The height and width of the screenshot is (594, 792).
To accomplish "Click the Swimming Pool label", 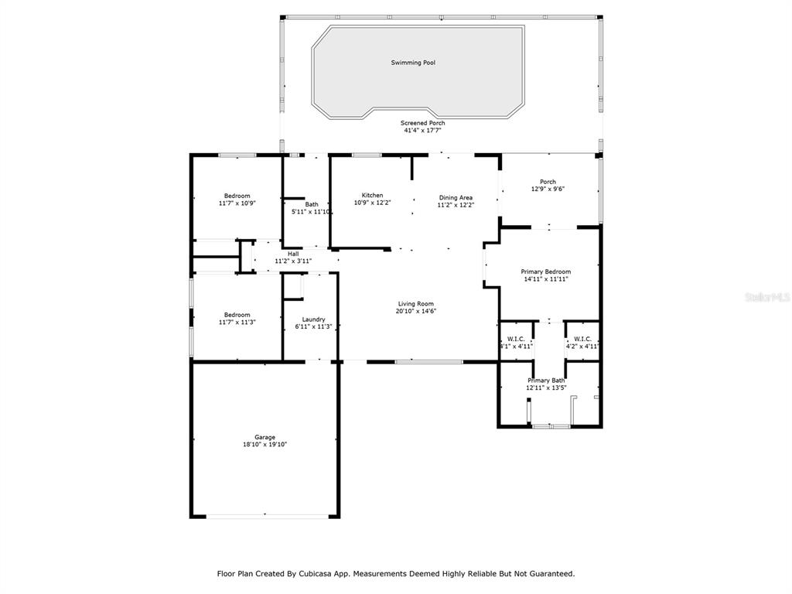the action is point(413,63).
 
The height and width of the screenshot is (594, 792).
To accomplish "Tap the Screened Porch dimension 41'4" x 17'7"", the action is point(422,130).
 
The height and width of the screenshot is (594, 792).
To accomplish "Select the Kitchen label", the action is point(372,196).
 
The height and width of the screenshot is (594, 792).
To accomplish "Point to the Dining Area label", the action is point(456,197).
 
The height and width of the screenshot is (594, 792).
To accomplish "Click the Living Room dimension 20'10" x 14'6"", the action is point(415,311).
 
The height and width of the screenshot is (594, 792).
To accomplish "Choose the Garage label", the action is point(265,438).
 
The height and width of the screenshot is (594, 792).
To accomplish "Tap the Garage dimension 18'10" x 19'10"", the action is point(265,445).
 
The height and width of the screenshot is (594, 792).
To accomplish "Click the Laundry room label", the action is point(313,319).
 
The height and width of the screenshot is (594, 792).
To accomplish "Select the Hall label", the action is point(293,254).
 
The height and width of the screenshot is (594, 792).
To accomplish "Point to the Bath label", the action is point(312,204).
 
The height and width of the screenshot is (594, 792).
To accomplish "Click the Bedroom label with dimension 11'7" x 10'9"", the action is point(237,196).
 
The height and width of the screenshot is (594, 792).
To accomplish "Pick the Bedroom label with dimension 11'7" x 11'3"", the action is point(237,315).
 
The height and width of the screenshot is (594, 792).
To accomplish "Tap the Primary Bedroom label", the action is point(545,271).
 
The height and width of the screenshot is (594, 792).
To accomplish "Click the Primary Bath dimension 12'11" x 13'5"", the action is point(546,388).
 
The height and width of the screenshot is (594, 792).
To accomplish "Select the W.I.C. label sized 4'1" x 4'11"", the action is point(516,339).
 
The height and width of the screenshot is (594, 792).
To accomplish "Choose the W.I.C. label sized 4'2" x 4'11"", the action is point(582,339).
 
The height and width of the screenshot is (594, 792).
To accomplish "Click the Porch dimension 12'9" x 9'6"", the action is point(548,189).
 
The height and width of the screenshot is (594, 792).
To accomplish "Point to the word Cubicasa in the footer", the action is point(316,574).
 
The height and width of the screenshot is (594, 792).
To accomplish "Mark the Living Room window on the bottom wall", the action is point(428,362).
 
